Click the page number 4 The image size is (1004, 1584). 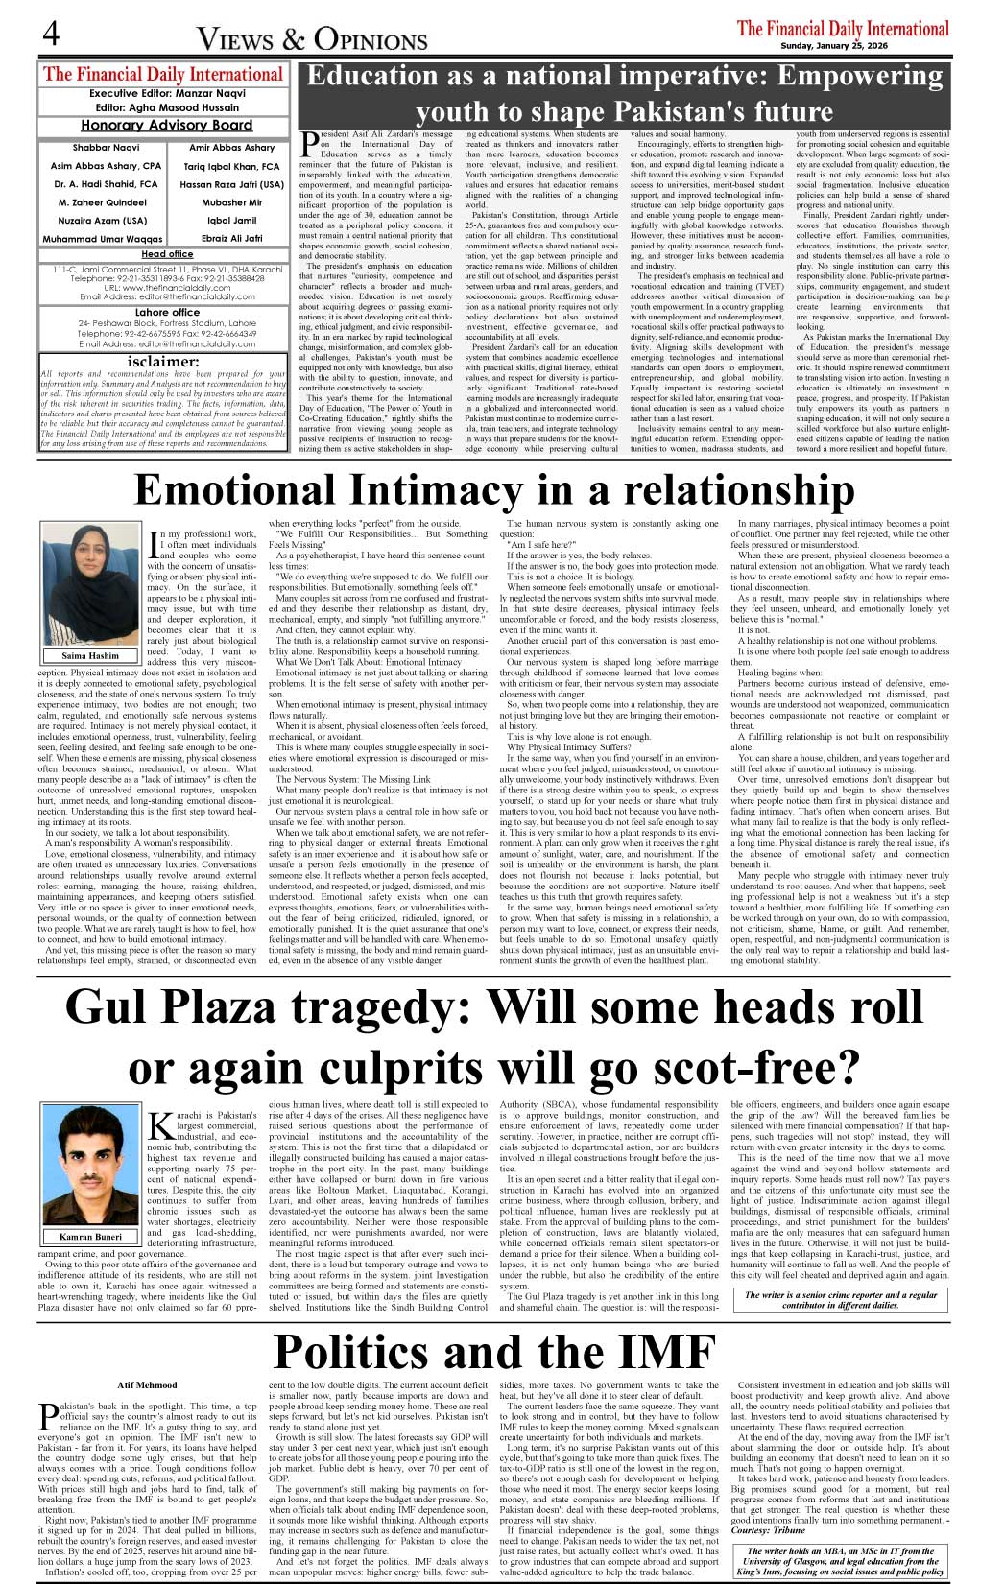[51, 35]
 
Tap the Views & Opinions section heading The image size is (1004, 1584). [312, 38]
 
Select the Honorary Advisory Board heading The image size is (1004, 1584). [166, 125]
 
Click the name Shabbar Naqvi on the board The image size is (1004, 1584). [106, 148]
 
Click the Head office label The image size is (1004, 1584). [167, 254]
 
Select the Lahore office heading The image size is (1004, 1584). [167, 313]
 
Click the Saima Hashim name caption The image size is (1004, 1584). [90, 656]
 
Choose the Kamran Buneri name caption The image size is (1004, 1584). [90, 1237]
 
